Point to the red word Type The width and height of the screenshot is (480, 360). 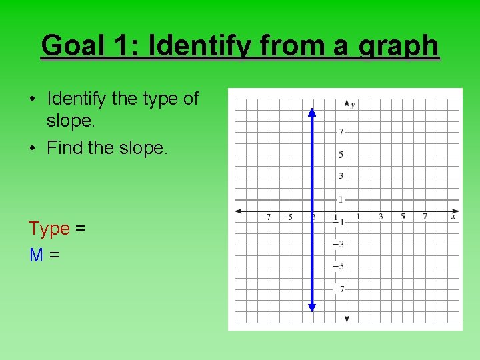click(x=49, y=229)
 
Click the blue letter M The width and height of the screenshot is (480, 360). click(x=36, y=254)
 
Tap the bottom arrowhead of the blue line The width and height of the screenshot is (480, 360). click(x=311, y=307)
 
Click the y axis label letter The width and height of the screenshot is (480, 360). click(x=353, y=105)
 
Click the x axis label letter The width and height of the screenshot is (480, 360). click(x=453, y=216)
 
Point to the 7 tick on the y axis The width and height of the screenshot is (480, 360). click(x=340, y=132)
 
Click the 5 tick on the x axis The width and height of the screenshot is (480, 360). click(x=403, y=217)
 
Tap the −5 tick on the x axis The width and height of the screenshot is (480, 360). click(x=286, y=217)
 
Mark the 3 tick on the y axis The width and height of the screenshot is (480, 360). click(x=340, y=177)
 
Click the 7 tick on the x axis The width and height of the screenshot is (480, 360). click(x=425, y=217)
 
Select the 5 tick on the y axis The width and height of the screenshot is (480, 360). click(x=340, y=155)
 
